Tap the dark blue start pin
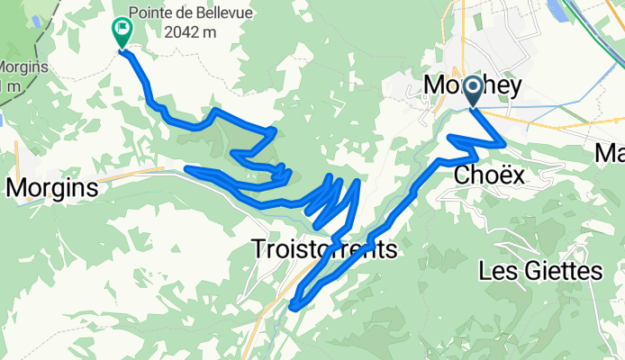tap(472, 94)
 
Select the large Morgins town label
tap(51, 188)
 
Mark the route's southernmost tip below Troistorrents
tap(292, 309)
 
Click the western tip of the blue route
tap(186, 167)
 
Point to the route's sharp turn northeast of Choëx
tap(504, 142)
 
